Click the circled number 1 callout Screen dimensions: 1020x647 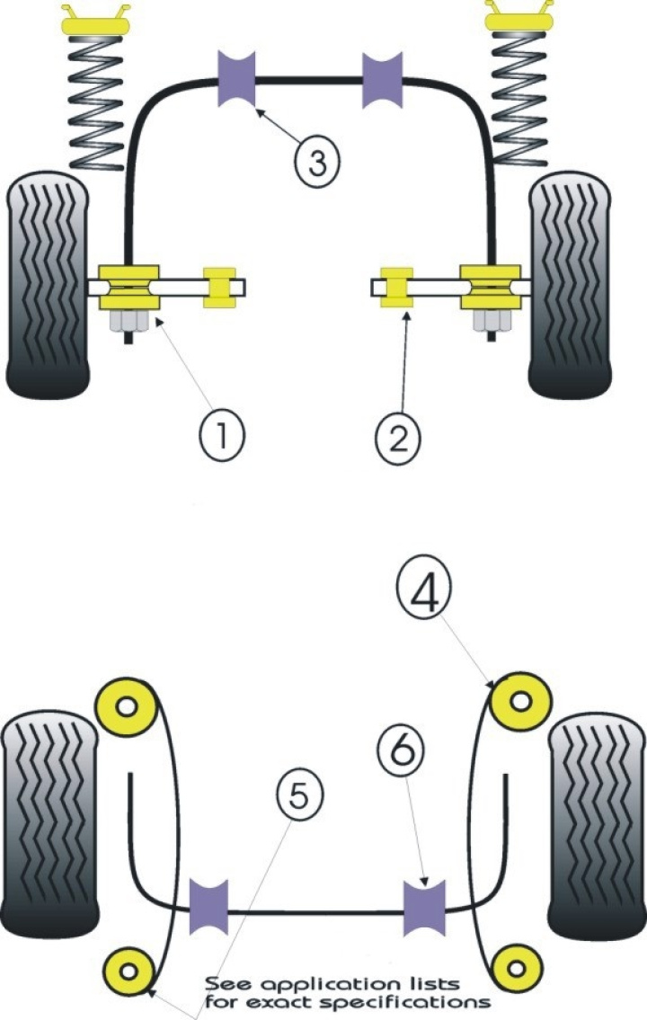click(222, 438)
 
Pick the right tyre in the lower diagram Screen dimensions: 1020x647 click(596, 827)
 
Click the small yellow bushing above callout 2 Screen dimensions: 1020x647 click(396, 287)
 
